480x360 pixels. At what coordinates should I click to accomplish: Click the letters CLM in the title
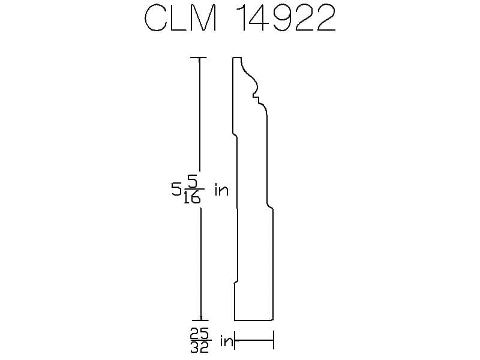tap(181, 19)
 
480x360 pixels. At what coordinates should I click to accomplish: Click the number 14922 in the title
tap(287, 19)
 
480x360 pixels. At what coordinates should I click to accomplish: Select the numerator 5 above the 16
tap(194, 183)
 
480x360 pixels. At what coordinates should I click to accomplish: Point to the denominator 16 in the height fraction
tap(192, 198)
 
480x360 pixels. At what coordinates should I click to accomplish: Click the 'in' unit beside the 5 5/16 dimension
tap(221, 190)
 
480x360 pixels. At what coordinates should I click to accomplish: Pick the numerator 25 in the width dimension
tap(200, 333)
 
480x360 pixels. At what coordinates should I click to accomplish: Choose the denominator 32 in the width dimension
tap(200, 347)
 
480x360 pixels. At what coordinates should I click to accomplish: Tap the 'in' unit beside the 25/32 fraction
tap(226, 341)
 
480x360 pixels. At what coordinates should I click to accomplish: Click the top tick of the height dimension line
tap(199, 58)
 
